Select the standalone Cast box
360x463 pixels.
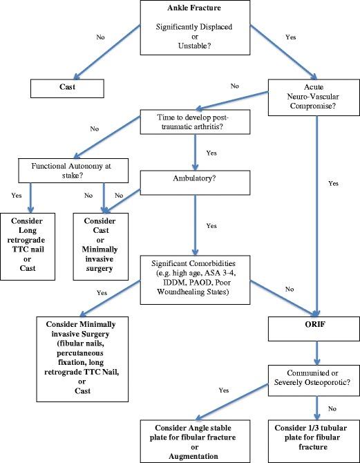click(x=66, y=88)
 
